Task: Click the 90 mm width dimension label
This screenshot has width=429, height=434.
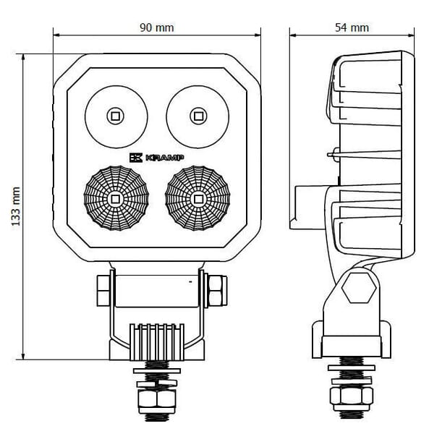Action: click(157, 27)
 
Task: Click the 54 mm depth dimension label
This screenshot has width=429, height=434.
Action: click(352, 27)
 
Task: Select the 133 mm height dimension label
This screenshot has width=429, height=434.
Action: click(16, 206)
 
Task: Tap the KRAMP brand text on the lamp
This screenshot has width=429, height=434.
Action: click(164, 158)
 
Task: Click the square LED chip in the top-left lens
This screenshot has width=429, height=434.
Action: click(115, 116)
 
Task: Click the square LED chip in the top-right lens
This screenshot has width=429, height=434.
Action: click(198, 116)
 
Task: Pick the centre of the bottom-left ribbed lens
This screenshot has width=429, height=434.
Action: click(116, 198)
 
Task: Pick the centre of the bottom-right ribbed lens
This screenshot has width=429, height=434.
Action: click(197, 198)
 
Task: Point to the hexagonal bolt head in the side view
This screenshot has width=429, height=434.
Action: click(359, 288)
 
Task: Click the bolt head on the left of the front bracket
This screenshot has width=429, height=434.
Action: click(103, 290)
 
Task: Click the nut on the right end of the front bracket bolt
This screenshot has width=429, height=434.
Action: click(218, 290)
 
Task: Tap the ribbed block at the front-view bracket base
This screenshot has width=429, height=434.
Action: click(157, 342)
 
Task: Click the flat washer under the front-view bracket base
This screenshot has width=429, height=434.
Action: click(157, 371)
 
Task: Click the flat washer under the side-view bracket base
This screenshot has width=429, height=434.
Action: click(352, 368)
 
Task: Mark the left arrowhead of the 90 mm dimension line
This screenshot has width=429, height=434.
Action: click(56, 35)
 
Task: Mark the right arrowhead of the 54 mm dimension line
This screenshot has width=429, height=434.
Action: click(411, 35)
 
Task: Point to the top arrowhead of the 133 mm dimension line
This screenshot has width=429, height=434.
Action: click(23, 57)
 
